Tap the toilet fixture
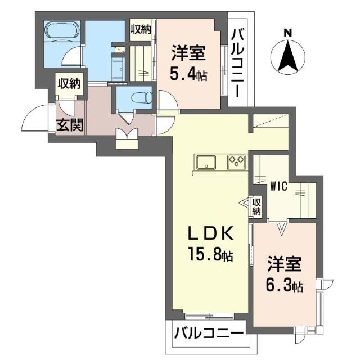click(139, 97)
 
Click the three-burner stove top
click(236, 162)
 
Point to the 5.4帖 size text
click(188, 73)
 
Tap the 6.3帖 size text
click(284, 286)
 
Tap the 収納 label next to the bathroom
click(141, 29)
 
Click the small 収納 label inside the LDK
click(257, 206)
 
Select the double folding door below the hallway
click(127, 137)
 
